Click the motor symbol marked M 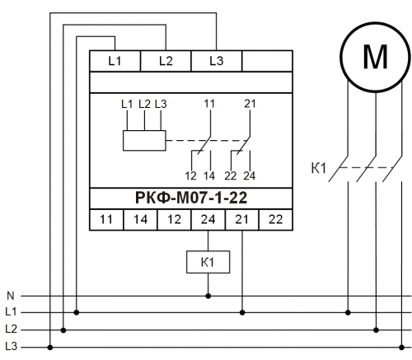[x=376, y=57]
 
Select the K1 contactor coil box [x=208, y=262]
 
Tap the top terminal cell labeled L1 [x=115, y=61]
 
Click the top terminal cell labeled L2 [x=166, y=61]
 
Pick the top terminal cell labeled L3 [x=217, y=61]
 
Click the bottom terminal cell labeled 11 [x=106, y=220]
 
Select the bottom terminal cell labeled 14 [x=140, y=220]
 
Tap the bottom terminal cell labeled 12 [x=174, y=220]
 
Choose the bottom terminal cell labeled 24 [x=208, y=220]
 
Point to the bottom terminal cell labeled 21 [x=242, y=220]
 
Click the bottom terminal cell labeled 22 [x=276, y=220]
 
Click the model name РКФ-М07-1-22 [x=191, y=198]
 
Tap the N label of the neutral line [x=11, y=296]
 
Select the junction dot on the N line [x=208, y=296]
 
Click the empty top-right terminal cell [x=267, y=61]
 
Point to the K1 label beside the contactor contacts [x=319, y=168]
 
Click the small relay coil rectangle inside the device [x=144, y=141]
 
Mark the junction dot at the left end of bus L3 [x=50, y=348]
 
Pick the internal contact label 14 [x=209, y=175]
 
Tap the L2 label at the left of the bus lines [x=11, y=329]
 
